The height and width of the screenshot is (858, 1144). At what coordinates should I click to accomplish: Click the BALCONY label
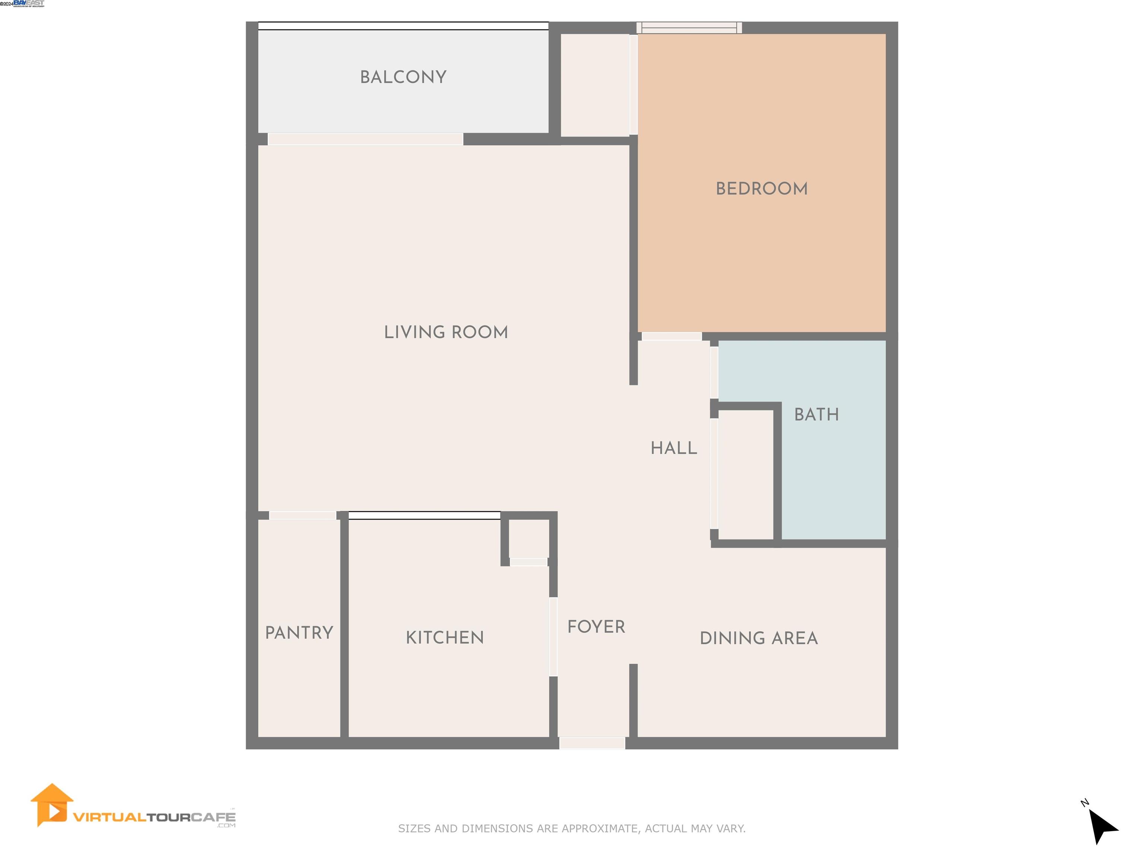(403, 77)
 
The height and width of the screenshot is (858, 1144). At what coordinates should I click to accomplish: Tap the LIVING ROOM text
(446, 332)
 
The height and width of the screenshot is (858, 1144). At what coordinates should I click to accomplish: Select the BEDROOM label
(761, 189)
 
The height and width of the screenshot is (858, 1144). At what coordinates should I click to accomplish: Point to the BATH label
(816, 414)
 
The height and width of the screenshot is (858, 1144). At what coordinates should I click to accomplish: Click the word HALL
(673, 448)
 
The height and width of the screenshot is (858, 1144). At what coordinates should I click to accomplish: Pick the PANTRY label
(299, 632)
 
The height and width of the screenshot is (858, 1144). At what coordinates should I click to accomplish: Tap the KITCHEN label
(445, 638)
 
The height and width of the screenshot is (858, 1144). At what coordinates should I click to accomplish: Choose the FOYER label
(596, 627)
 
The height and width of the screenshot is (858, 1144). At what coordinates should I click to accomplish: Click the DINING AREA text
(758, 638)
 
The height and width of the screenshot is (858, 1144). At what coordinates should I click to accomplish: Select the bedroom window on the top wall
(689, 28)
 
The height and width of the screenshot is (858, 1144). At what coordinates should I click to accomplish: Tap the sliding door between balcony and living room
(365, 139)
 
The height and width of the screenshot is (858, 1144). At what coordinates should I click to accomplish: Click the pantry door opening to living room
(302, 515)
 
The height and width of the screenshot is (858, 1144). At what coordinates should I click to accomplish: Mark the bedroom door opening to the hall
(671, 336)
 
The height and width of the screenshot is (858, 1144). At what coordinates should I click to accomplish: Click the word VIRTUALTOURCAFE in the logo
(154, 817)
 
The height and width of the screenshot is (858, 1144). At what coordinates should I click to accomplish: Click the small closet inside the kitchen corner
(528, 539)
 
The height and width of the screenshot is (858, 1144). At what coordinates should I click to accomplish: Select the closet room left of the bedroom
(595, 85)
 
